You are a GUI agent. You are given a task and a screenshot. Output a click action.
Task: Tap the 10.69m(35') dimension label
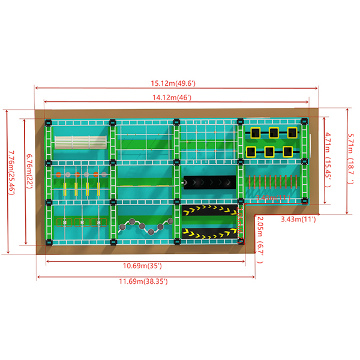pos(142,265)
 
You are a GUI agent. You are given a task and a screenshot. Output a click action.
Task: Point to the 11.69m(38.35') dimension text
pos(142,281)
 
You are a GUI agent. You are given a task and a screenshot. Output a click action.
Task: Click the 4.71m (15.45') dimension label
pos(324,159)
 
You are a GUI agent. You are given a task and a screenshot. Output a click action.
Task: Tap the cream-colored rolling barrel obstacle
pos(81,142)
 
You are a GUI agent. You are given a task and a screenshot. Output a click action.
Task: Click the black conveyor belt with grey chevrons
pos(209,181)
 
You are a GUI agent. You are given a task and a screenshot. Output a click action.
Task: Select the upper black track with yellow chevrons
pos(210,209)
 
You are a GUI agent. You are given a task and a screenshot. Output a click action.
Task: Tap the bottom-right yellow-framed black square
pos(290,151)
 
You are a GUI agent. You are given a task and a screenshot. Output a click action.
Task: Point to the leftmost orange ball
pos(59,175)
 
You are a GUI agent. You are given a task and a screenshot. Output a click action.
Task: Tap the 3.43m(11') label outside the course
pos(299,220)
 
